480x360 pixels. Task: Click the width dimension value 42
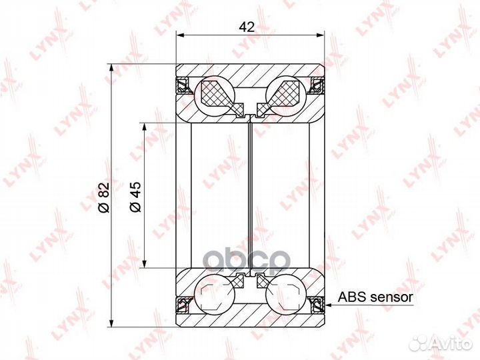tap(247, 27)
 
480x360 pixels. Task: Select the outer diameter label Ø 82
tap(103, 197)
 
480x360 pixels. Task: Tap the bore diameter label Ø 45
tap(135, 197)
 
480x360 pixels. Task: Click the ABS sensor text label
tap(375, 297)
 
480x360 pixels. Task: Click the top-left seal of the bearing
tap(183, 85)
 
